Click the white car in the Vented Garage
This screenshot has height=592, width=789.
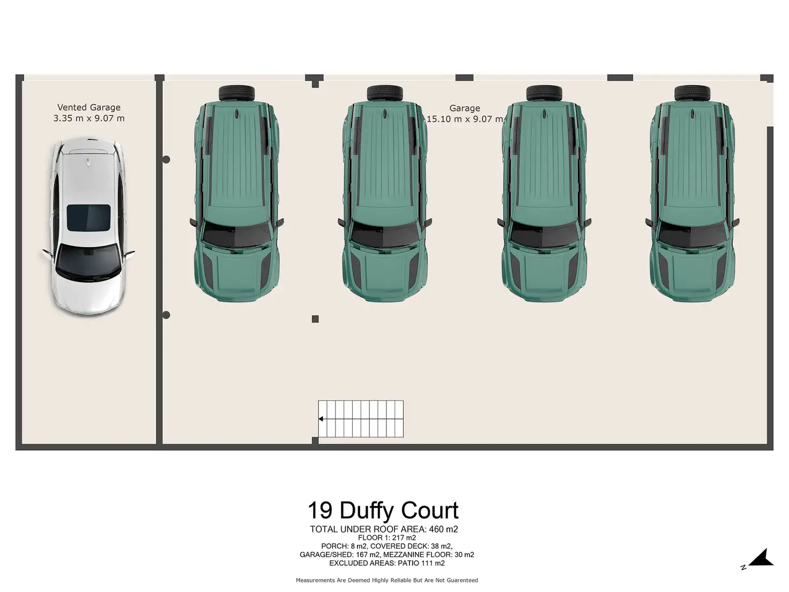[x=88, y=228]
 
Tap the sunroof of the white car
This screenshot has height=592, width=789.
[x=88, y=217]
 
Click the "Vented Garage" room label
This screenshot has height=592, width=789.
[x=89, y=107]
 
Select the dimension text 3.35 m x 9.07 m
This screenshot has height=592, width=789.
[x=89, y=118]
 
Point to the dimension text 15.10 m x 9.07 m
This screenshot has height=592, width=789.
[x=464, y=119]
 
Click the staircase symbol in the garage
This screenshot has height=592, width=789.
[x=361, y=419]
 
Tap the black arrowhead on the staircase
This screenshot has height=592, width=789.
[x=321, y=419]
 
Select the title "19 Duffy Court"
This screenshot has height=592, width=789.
[x=383, y=510]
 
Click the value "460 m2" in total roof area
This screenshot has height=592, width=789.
[x=444, y=529]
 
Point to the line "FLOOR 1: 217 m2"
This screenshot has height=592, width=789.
[x=387, y=538]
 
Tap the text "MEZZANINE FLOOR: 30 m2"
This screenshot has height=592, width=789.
[x=429, y=555]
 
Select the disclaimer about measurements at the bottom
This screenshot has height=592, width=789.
[x=387, y=580]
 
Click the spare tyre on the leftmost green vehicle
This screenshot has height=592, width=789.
[x=236, y=93]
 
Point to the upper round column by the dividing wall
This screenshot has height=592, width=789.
[x=166, y=159]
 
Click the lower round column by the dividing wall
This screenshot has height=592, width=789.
[x=166, y=315]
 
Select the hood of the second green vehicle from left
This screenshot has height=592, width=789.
[x=385, y=271]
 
